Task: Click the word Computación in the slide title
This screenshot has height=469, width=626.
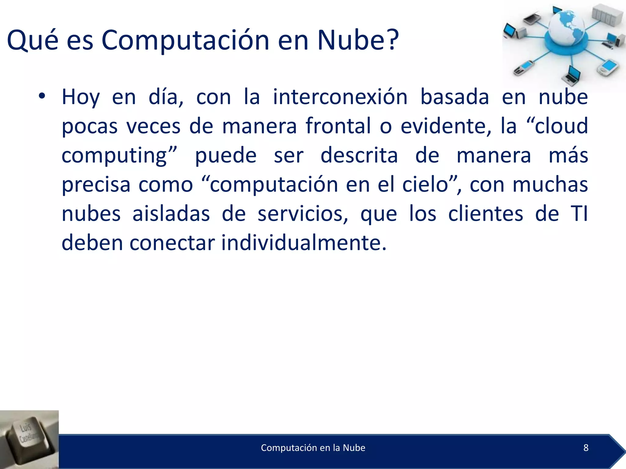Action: click(x=185, y=40)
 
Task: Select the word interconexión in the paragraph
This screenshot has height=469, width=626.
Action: click(x=340, y=97)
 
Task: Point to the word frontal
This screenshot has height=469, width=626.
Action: click(x=338, y=126)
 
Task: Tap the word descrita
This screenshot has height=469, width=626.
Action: click(x=359, y=155)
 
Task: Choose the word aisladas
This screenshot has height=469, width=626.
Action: click(x=171, y=214)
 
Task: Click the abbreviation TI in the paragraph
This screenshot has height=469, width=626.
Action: click(x=579, y=214)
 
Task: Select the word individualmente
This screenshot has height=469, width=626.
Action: click(x=304, y=243)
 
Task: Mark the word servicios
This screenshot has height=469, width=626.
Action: click(x=303, y=214)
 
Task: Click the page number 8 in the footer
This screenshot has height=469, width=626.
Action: click(x=586, y=448)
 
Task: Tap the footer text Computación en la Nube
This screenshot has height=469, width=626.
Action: click(x=313, y=448)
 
